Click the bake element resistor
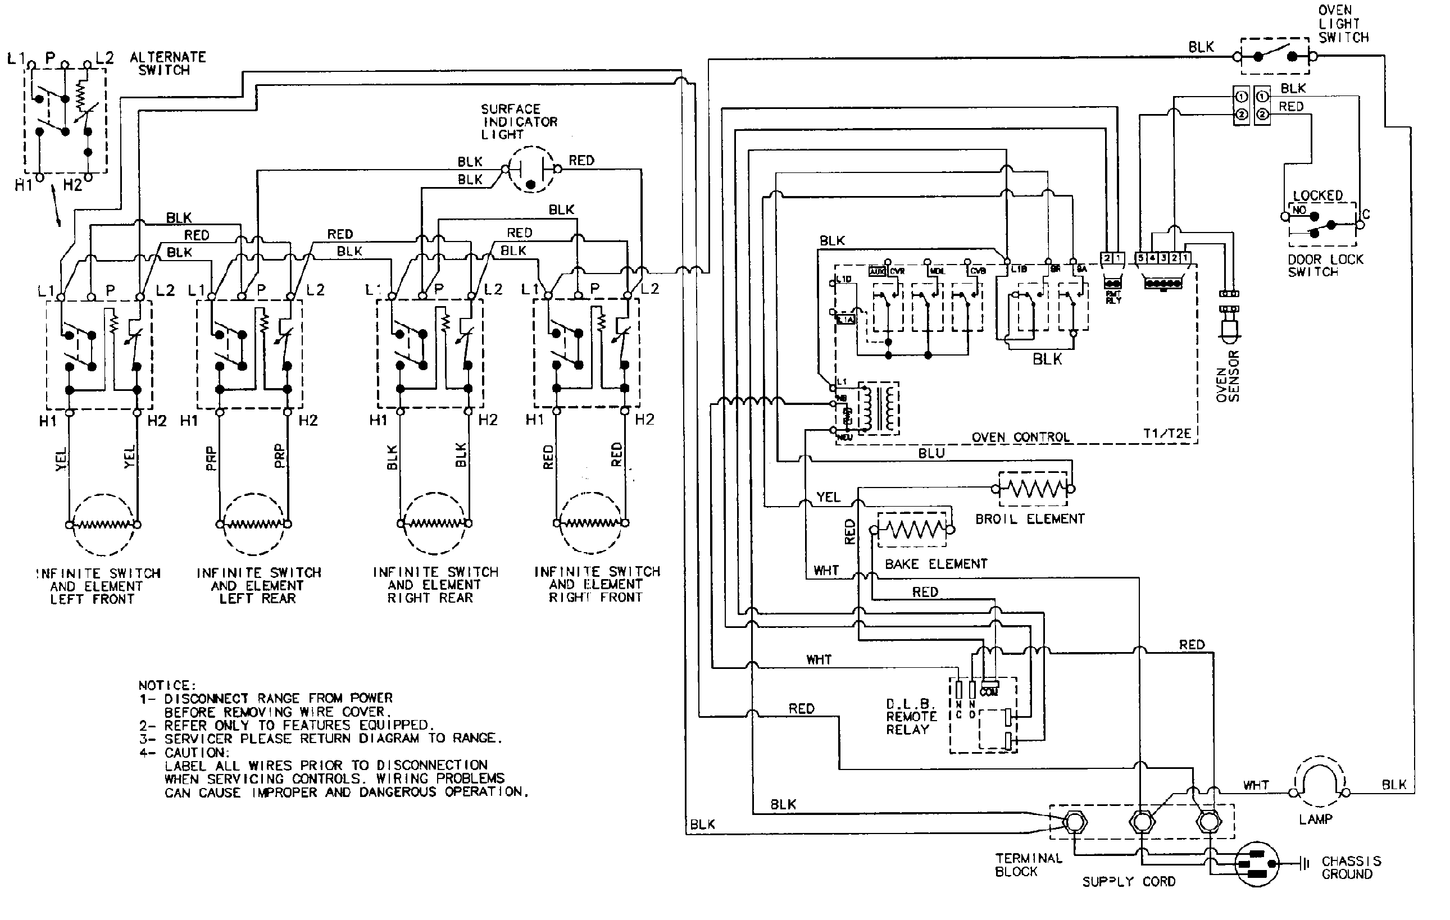913,530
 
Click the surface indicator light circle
530,170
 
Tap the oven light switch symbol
1275,56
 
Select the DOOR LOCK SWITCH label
1325,266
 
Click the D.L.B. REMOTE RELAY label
911,717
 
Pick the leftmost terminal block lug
1074,822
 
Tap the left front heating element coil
103,525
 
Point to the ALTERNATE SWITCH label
167,63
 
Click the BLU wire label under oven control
931,453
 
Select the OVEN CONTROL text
1021,437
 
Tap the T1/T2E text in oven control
1166,434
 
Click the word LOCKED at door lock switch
1317,195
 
